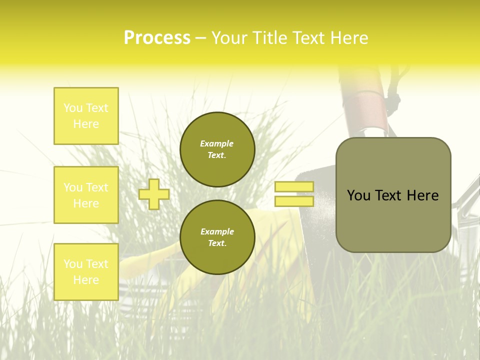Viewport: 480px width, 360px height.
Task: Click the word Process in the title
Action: (x=157, y=38)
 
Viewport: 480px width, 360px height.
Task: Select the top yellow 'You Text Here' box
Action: (x=86, y=116)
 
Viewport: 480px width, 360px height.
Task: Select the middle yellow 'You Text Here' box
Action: (x=86, y=195)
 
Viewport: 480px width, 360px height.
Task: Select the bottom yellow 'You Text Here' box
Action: (x=86, y=271)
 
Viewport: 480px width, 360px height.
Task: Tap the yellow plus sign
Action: (x=154, y=194)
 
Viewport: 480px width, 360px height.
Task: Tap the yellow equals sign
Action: (x=294, y=194)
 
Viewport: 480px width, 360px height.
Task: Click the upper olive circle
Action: (x=217, y=149)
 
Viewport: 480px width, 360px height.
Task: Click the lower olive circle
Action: (x=217, y=237)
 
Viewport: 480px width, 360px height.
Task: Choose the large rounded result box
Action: (x=393, y=195)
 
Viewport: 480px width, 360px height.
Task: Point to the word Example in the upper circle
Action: (x=217, y=143)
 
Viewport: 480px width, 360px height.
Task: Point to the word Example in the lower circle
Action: (x=217, y=231)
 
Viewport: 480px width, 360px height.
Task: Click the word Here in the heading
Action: (x=349, y=38)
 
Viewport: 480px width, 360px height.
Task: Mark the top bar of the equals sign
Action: (x=294, y=187)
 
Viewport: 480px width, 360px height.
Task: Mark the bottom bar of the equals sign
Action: (x=294, y=201)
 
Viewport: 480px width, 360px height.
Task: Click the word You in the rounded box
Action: (x=358, y=195)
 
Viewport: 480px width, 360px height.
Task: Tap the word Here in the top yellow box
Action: (x=86, y=124)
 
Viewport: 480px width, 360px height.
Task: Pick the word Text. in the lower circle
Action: (x=217, y=243)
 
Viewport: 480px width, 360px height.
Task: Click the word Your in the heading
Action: (x=230, y=38)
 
